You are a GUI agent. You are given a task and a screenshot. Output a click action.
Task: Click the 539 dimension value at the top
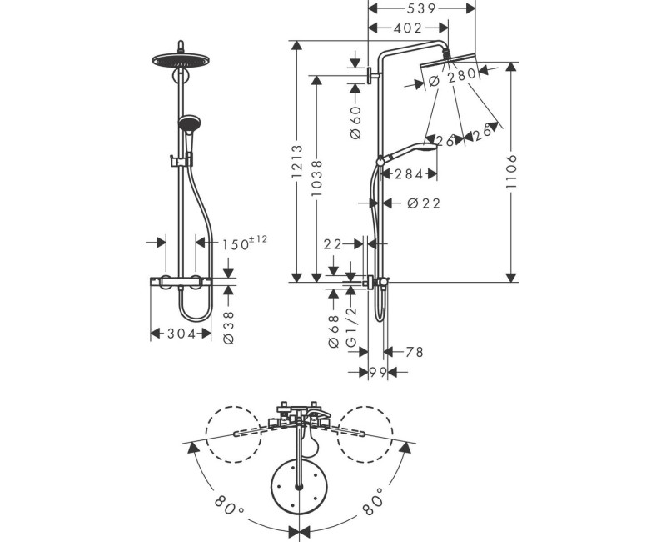click(421, 8)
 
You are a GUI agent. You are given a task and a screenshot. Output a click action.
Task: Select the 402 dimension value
click(408, 28)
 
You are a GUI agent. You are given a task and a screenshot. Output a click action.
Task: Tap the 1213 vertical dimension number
click(297, 161)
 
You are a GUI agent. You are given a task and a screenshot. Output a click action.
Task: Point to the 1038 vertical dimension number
click(317, 178)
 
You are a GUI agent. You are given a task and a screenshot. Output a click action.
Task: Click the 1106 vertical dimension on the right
click(512, 172)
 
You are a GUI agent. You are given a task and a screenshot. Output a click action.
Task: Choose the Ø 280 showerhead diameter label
click(452, 77)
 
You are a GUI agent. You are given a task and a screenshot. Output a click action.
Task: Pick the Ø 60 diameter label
click(356, 123)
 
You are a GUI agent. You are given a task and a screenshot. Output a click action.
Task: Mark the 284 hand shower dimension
click(410, 174)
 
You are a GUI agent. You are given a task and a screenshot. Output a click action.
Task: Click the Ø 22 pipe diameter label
click(424, 203)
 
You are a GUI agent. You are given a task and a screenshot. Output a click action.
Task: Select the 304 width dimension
click(181, 334)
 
